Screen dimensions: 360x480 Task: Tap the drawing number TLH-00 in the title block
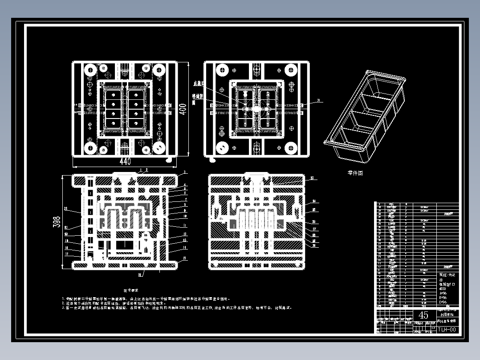(x=446, y=330)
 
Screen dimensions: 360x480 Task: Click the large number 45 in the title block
(x=423, y=315)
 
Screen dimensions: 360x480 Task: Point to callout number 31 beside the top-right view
(x=318, y=101)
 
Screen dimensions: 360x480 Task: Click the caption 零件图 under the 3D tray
(x=355, y=173)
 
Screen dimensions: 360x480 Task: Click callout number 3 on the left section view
(x=185, y=172)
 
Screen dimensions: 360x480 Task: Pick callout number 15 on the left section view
(x=184, y=258)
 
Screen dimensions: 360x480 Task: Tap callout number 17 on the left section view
(x=66, y=254)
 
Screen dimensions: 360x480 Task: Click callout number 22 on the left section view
(x=66, y=208)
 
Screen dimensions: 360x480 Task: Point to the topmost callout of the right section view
(x=312, y=178)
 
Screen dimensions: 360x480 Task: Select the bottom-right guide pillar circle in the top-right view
(x=291, y=147)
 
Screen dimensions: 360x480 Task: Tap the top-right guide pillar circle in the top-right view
(x=291, y=70)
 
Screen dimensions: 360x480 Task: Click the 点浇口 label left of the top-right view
(x=197, y=83)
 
